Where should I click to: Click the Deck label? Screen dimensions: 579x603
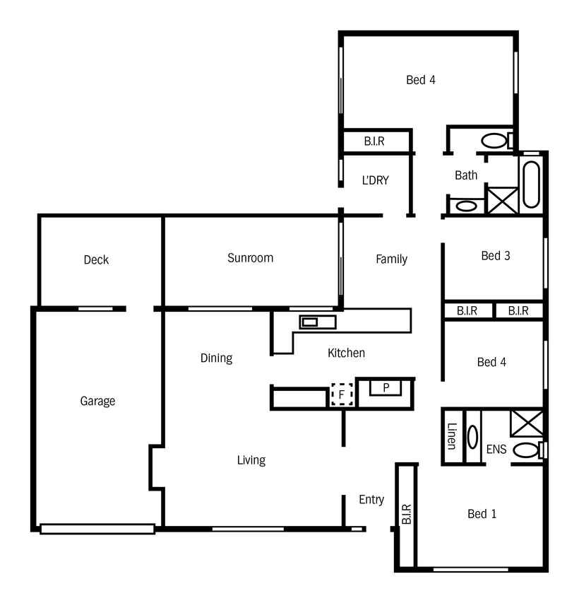coord(96,260)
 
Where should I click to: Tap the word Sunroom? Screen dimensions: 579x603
coord(251,258)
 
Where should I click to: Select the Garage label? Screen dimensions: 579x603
coord(97,401)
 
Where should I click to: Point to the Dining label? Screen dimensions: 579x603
coord(216,358)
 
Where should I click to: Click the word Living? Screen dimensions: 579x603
coord(251,460)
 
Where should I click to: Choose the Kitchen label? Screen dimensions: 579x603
coord(346,353)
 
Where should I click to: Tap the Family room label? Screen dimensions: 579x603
coord(391,259)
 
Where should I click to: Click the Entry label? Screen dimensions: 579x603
coord(371,500)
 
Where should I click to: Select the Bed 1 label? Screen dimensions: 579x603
coord(482,514)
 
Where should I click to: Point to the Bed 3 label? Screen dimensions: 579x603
coord(496,256)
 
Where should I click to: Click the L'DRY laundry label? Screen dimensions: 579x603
coord(376,180)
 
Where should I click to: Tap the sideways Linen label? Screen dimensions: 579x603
coord(452,436)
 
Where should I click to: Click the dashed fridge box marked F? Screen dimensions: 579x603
coord(342,394)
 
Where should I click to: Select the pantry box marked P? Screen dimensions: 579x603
coord(386,387)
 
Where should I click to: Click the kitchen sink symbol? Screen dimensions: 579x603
coord(318,322)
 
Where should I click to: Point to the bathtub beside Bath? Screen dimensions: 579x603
coord(532,185)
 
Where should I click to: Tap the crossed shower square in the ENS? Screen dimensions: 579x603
coord(527,423)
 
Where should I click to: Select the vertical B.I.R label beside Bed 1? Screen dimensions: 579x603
coord(407,514)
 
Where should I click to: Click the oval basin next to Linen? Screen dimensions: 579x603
coord(472,437)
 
